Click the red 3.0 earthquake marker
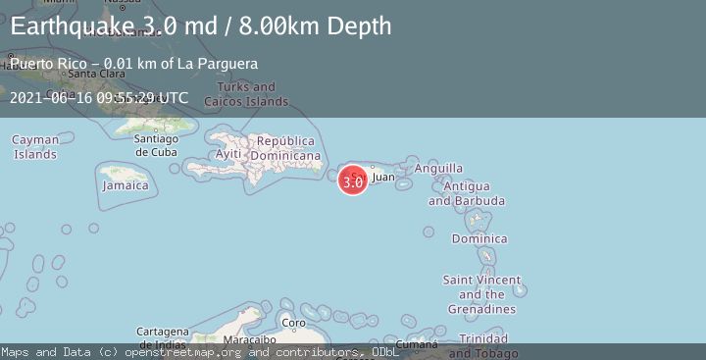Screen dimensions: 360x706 point(353,180)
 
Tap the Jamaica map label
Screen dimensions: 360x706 point(126,185)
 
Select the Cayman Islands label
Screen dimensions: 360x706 point(35,147)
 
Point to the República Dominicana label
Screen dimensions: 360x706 point(286,148)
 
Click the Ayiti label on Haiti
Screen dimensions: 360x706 point(228,155)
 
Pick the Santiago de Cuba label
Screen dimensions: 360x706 point(156,144)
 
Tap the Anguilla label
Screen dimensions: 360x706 point(438,169)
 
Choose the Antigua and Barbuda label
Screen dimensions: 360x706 point(467,193)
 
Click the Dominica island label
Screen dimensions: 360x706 point(479,238)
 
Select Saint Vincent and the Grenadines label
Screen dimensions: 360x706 point(481,294)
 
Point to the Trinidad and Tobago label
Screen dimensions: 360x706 point(484,346)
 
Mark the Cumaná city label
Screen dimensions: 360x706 point(418,344)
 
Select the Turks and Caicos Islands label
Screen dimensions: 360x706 point(247,94)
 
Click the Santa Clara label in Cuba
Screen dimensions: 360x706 point(95,74)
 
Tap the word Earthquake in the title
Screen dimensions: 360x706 point(61,26)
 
